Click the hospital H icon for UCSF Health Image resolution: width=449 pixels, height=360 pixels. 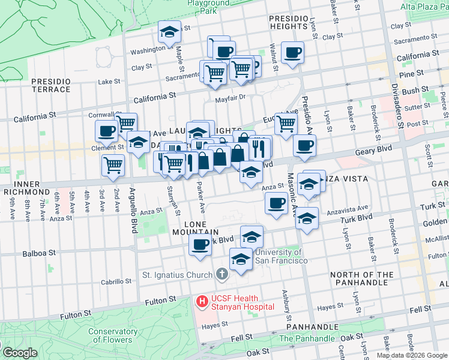click(202, 300)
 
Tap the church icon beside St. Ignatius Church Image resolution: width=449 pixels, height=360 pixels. click(222, 275)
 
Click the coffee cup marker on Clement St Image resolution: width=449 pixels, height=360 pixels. click(107, 130)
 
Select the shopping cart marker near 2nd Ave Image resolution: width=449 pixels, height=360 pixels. click(113, 165)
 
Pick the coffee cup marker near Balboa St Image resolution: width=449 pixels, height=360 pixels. click(200, 244)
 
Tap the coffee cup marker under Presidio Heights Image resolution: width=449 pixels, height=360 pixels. click(293, 52)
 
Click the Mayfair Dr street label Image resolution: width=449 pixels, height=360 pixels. click(231, 97)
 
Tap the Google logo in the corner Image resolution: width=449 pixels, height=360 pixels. click(20, 353)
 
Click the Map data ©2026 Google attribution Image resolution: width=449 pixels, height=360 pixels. click(412, 355)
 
